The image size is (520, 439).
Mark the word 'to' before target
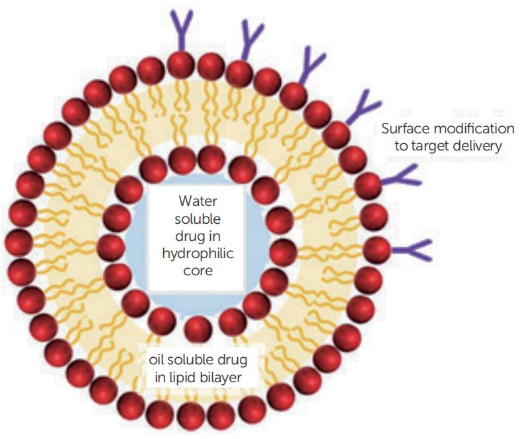pyautogui.click(x=402, y=145)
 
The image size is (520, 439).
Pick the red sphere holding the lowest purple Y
pyautogui.click(x=377, y=249)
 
